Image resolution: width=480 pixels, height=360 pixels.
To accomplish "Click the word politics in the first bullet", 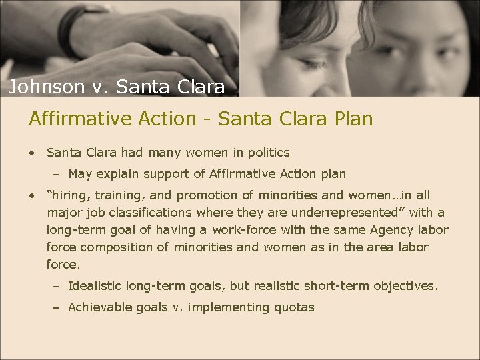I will coord(267,153).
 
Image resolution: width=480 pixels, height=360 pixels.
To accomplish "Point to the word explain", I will coord(118,174).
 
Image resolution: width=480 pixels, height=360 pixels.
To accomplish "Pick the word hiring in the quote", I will coord(70,195).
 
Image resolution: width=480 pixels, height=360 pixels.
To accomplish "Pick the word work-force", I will coord(243,230).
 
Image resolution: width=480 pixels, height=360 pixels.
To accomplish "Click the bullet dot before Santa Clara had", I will coord(32,153).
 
